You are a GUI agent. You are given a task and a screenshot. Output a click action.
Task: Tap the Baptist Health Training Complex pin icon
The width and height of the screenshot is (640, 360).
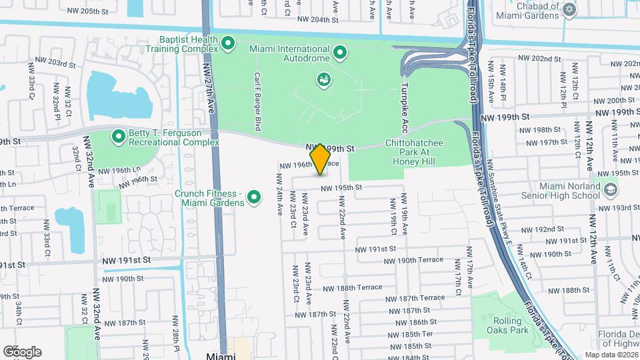pyautogui.click(x=229, y=45)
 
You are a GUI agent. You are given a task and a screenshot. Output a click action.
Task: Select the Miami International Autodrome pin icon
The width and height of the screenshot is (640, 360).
pyautogui.click(x=339, y=51)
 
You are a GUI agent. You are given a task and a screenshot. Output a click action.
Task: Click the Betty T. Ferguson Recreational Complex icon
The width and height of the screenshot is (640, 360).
pyautogui.click(x=119, y=137)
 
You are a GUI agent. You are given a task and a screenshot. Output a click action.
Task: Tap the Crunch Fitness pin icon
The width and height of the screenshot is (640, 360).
pyautogui.click(x=254, y=197)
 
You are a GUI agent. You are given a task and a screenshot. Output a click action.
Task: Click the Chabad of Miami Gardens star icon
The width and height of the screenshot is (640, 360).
pyautogui.click(x=568, y=9)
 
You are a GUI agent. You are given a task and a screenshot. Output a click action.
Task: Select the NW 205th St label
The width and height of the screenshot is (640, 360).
pyautogui.click(x=87, y=11)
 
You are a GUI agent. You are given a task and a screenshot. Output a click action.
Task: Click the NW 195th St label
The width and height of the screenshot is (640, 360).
pyautogui.click(x=341, y=188)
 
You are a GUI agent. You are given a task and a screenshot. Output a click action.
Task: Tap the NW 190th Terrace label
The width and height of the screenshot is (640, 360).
pyautogui.click(x=417, y=259)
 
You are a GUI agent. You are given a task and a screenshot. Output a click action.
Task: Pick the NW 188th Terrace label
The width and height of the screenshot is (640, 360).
pyautogui.click(x=353, y=287)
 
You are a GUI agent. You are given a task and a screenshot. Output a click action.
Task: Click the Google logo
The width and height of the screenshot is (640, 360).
pyautogui.click(x=23, y=351)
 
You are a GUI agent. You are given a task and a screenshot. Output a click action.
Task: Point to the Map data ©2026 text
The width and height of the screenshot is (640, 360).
pyautogui.click(x=611, y=355)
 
